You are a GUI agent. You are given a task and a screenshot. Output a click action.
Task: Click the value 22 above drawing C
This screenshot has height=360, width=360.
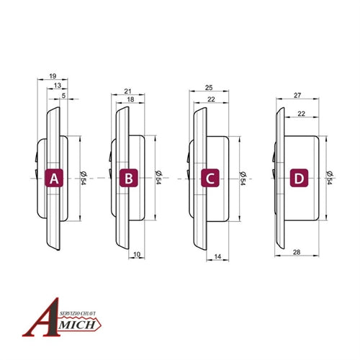(210, 99)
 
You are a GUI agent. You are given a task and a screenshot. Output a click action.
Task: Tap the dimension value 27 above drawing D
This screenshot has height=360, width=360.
(298, 94)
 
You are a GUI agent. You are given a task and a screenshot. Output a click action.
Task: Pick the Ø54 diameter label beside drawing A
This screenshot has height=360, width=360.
(84, 177)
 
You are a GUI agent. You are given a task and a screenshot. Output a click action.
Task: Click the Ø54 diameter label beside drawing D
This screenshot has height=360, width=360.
(328, 177)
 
